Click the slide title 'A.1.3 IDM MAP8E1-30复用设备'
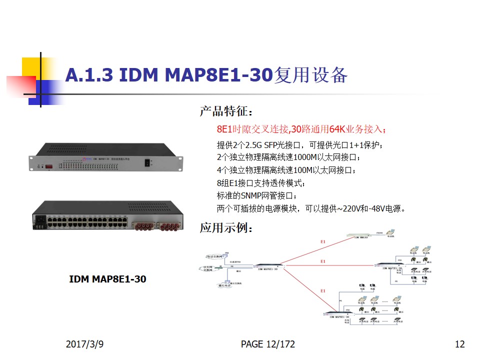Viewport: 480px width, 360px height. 206,75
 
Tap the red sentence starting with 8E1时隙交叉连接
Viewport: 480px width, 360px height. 301,129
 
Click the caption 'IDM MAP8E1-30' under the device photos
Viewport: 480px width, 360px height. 107,279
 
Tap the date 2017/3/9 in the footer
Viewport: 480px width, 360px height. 88,344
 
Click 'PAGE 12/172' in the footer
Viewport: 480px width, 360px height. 267,344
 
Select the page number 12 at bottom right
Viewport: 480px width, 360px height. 459,344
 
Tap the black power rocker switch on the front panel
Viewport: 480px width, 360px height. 146,162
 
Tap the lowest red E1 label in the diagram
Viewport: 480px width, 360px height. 322,290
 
